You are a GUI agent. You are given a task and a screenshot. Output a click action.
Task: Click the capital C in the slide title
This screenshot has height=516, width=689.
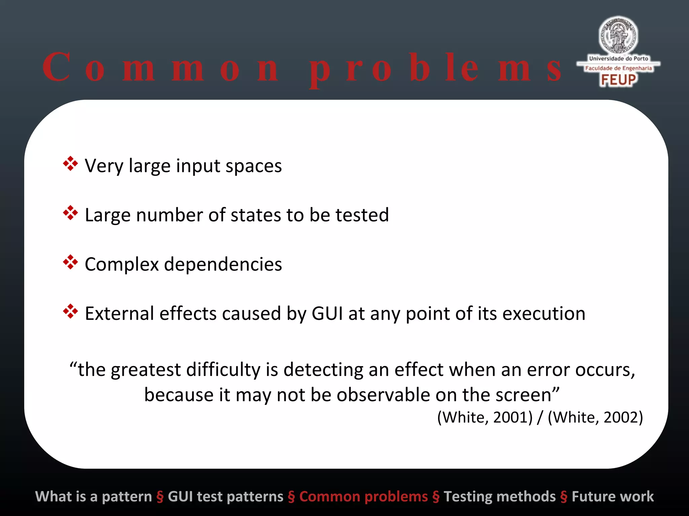point(57,67)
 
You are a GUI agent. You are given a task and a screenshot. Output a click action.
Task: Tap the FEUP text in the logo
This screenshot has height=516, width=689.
point(618,80)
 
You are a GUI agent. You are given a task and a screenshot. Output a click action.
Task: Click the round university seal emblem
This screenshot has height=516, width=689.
point(618,36)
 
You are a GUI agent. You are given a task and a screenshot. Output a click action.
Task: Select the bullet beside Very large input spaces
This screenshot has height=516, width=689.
point(70,164)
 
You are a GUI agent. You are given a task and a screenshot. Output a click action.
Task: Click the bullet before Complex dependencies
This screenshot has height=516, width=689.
point(70,262)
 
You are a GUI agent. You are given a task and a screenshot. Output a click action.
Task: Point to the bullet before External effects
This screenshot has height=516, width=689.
point(70,311)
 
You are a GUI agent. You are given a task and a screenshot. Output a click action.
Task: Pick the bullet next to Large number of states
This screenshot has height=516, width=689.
point(70,213)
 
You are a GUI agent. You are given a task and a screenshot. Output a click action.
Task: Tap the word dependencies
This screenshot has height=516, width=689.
point(223,264)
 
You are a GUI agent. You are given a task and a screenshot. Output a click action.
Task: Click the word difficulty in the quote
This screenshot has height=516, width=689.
point(223,370)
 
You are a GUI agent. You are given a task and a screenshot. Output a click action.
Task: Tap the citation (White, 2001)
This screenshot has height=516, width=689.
point(485,418)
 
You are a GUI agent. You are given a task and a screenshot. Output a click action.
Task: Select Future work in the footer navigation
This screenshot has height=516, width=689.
point(613,497)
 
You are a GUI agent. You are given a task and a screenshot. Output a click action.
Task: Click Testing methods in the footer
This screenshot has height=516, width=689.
point(500,497)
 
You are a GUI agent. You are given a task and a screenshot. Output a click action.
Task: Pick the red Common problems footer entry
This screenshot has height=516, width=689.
point(363,497)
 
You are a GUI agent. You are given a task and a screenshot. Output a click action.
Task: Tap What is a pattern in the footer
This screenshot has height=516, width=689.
point(94,497)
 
